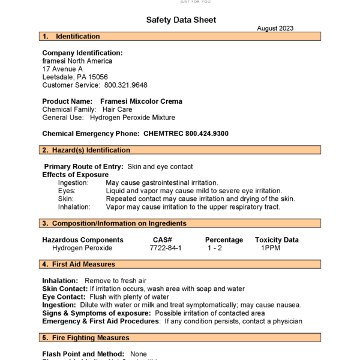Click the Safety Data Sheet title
[x=181, y=20]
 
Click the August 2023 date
[x=276, y=29]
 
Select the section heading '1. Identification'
[x=71, y=37]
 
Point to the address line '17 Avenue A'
[x=62, y=69]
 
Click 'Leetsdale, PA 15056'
[x=75, y=77]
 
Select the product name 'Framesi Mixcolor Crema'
[x=141, y=101]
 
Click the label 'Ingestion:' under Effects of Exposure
[x=73, y=182]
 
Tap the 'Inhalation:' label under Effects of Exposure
[x=74, y=207]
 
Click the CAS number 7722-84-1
[x=166, y=248]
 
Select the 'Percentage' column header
[x=224, y=240]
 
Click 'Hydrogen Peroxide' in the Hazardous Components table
[x=82, y=248]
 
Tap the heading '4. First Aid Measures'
[x=83, y=264]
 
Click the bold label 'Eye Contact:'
[x=64, y=296]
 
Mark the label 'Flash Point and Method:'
[x=83, y=354]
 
